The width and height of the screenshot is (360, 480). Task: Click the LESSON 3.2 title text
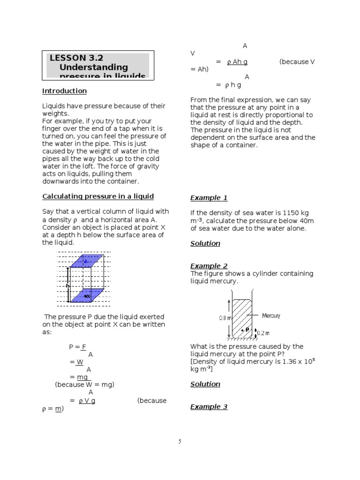coord(76,58)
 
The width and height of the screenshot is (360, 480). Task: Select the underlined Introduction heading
coord(64,91)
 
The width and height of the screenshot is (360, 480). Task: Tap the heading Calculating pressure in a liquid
coord(98,196)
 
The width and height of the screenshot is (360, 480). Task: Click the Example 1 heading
coord(209,198)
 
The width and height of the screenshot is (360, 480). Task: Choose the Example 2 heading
coord(209,266)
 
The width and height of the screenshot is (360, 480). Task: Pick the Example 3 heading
coord(209,406)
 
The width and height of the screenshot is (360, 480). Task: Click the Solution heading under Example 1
coord(205,243)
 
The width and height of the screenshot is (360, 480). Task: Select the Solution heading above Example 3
coord(205,384)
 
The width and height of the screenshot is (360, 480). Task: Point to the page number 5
coord(180,442)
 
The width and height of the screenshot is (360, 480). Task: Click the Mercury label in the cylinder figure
coord(271,315)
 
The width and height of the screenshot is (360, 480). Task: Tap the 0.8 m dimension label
coord(225,318)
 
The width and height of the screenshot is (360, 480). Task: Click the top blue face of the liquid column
coord(86,261)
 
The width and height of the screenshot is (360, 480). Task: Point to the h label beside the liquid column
coord(67,285)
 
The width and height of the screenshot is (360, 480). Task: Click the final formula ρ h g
coord(233,85)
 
